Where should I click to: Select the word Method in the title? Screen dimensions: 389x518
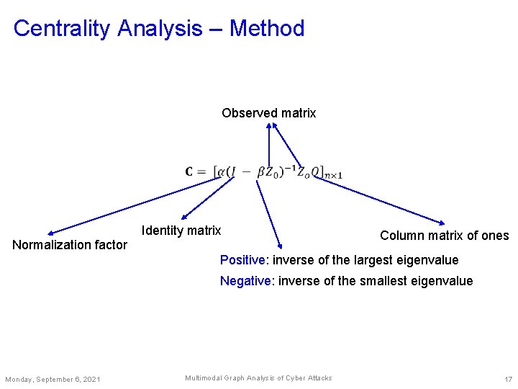pyautogui.click(x=267, y=28)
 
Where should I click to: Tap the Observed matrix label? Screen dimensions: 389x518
pyautogui.click(x=268, y=113)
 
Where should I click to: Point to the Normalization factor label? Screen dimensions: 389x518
pyautogui.click(x=70, y=245)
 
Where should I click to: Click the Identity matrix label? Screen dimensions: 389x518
pyautogui.click(x=181, y=231)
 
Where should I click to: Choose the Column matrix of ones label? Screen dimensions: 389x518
pyautogui.click(x=444, y=236)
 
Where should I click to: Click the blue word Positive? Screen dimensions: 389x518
pyautogui.click(x=242, y=260)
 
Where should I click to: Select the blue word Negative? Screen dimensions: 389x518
pyautogui.click(x=245, y=281)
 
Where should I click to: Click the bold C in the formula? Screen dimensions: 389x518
pyautogui.click(x=190, y=171)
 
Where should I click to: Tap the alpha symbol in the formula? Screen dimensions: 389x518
pyautogui.click(x=221, y=171)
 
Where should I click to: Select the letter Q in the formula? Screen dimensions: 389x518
pyautogui.click(x=316, y=171)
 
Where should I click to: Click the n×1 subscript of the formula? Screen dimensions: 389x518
pyautogui.click(x=333, y=175)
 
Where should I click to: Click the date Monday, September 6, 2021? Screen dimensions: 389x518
pyautogui.click(x=53, y=380)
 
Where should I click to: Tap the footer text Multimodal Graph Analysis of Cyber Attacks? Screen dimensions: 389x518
pyautogui.click(x=258, y=378)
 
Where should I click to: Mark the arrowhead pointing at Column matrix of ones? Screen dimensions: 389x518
pyautogui.click(x=442, y=222)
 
